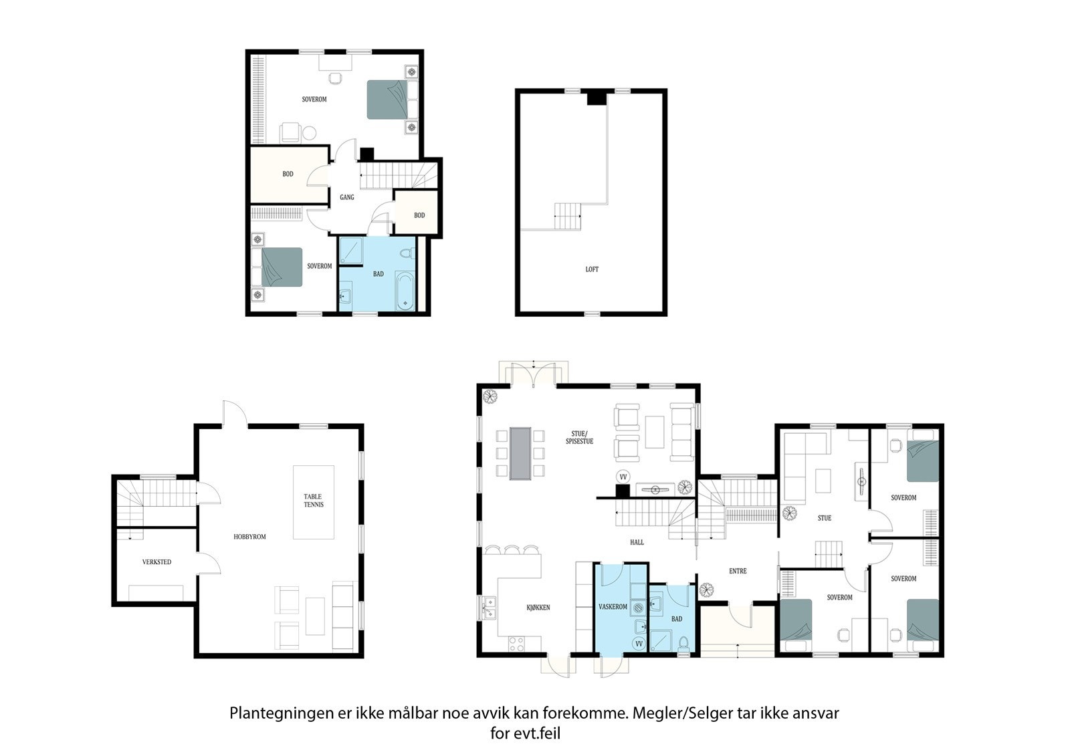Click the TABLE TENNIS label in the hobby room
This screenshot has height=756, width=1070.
314,501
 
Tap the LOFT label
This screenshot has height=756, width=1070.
592,269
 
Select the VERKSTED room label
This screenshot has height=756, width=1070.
156,562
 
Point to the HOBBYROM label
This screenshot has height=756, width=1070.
249,537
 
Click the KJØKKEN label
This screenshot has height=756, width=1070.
538,608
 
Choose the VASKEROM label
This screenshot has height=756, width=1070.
613,606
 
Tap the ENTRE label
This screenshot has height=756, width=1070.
738,571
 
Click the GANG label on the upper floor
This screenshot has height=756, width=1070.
347,197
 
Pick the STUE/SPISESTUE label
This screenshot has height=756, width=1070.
579,437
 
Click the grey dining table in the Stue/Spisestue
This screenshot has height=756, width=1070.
520,453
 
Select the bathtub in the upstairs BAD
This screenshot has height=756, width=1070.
405,291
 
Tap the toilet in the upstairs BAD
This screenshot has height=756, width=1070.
407,253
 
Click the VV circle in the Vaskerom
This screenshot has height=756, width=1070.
639,644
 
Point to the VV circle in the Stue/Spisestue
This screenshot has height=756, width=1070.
623,477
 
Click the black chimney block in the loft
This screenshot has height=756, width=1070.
597,98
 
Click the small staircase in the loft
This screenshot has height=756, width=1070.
568,217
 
